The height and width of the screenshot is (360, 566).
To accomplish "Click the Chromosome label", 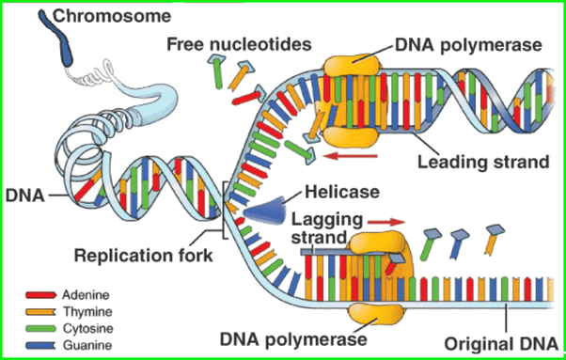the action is coord(112,16).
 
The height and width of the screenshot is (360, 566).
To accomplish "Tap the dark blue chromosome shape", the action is coord(57,38).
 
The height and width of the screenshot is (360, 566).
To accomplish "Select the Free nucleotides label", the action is coord(239,44).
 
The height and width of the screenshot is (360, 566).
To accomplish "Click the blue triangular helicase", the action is coord(265,211).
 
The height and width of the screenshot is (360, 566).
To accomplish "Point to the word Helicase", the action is coord(342,192).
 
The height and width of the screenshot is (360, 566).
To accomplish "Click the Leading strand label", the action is coord(483,162).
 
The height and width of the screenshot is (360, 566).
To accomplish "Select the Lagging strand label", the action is coord(326,228).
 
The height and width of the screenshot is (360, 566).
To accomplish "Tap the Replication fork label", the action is coord(143,256).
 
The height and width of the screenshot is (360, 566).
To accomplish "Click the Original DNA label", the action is coord(501,344).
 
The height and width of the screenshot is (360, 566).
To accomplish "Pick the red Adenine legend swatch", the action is coord(40,295).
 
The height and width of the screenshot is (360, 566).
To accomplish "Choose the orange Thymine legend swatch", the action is coord(40,311).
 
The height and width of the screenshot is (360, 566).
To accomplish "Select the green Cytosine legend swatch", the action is coord(40,328).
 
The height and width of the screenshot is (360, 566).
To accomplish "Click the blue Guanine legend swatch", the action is coord(40,345).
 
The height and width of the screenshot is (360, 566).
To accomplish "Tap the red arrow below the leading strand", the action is coord(350,156).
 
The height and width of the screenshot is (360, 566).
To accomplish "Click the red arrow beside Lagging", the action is coord(385,222).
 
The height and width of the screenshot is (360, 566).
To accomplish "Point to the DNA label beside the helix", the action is coord(24,196).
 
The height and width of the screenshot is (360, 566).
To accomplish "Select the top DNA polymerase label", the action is coord(468,45).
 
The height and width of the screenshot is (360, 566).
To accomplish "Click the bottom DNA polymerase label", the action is coord(293,338).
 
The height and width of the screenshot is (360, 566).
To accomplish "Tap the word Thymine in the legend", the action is coord(87,312).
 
